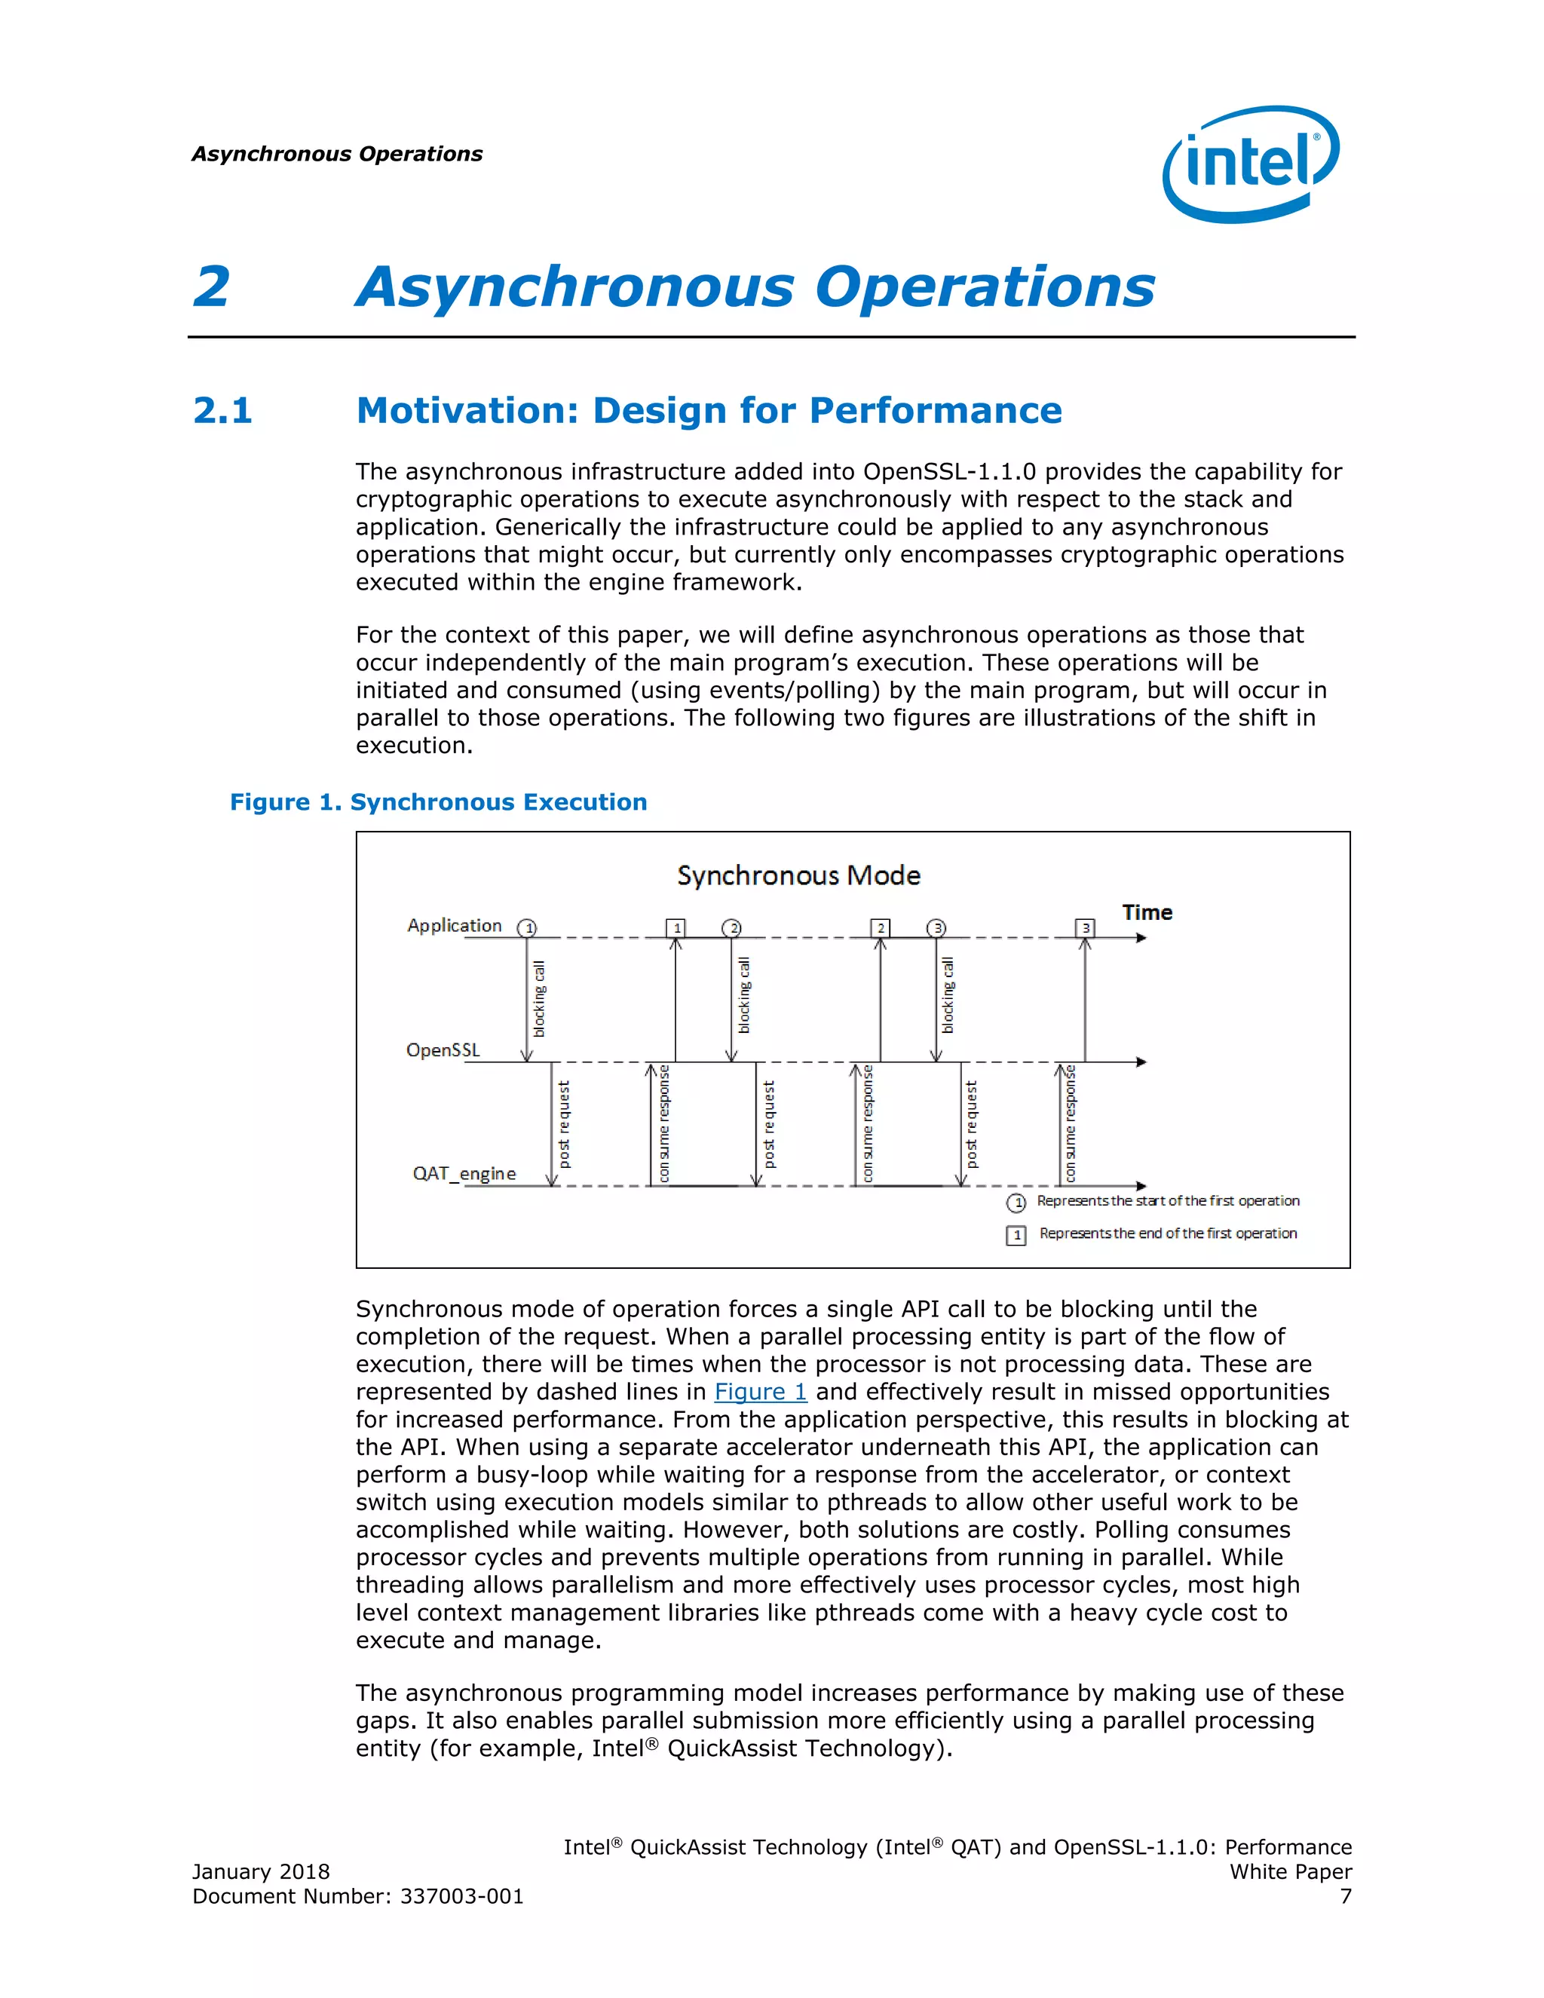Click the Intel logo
point(1251,164)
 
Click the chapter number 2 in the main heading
point(211,287)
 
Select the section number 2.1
point(222,411)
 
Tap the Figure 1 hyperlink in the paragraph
point(760,1392)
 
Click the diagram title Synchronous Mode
point(798,875)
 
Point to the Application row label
point(455,925)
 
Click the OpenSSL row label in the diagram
point(443,1050)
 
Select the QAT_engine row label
point(464,1173)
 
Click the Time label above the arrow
point(1147,912)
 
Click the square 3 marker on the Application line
point(1086,927)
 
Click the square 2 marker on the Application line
point(881,927)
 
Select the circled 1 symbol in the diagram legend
point(1016,1202)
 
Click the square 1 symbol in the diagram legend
point(1016,1235)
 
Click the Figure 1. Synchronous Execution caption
point(438,802)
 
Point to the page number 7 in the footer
point(1346,1896)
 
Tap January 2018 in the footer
point(261,1872)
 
